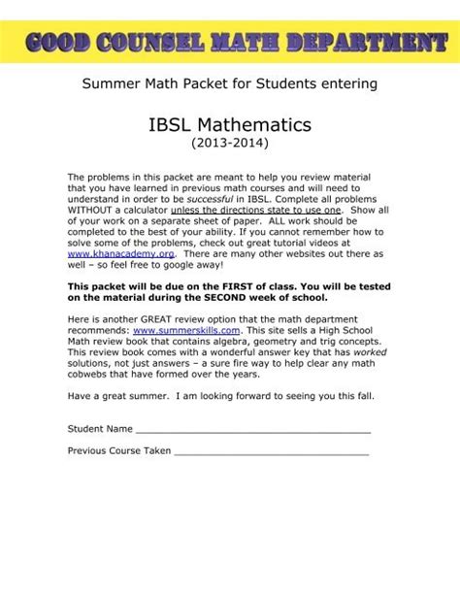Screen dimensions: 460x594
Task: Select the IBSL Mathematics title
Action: tap(229, 125)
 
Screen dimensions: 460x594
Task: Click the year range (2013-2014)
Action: tap(229, 145)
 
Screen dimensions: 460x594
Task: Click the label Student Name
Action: tap(99, 428)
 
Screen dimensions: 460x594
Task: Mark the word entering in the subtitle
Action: tap(346, 83)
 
